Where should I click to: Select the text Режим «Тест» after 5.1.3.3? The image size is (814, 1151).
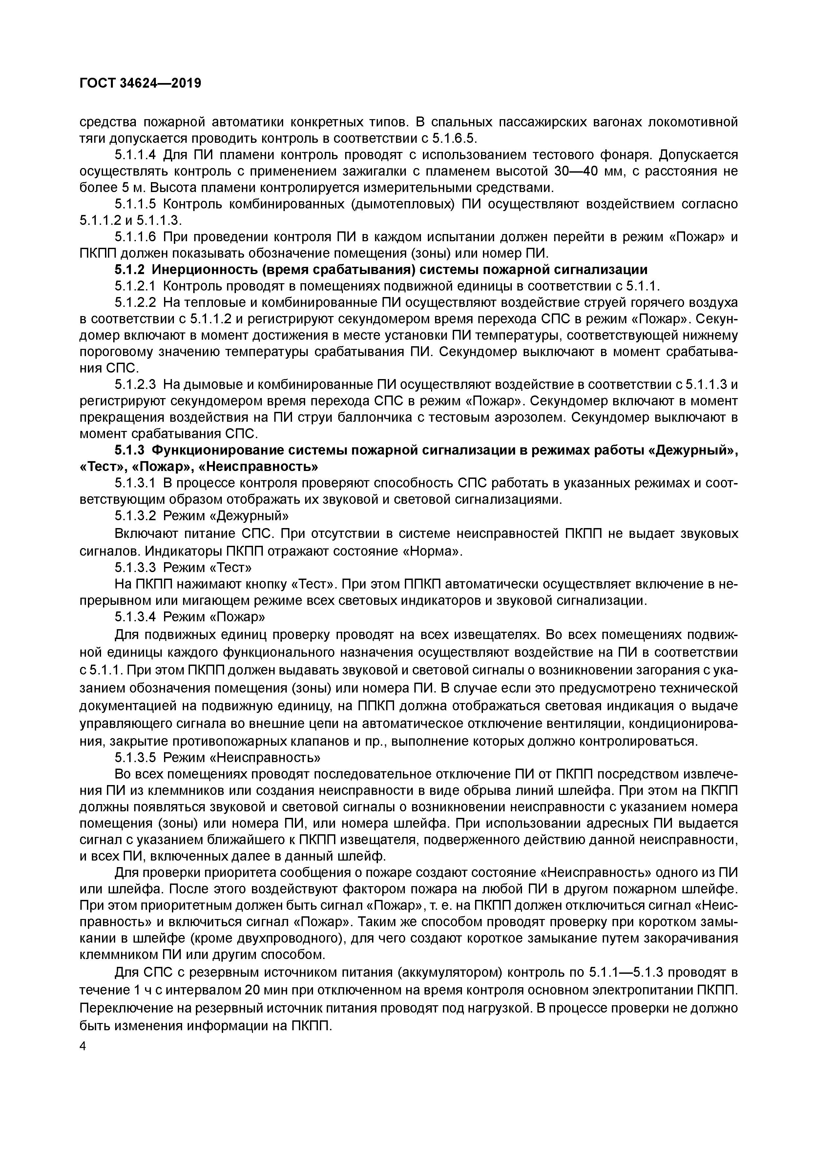pyautogui.click(x=207, y=567)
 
